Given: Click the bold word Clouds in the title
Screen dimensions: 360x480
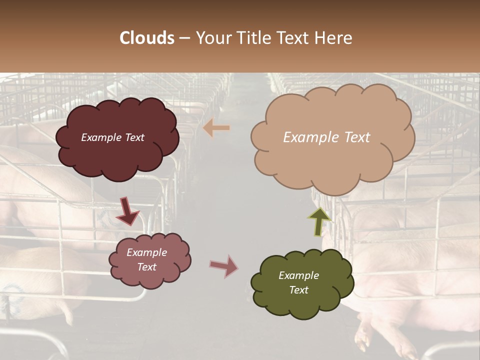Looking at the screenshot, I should [x=147, y=38].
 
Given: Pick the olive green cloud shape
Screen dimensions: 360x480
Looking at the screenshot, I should [x=302, y=300].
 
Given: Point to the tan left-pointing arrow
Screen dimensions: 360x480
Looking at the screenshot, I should [x=216, y=128].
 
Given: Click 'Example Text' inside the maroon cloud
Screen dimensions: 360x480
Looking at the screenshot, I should [x=112, y=137].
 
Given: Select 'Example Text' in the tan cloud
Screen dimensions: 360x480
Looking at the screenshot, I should [x=326, y=137].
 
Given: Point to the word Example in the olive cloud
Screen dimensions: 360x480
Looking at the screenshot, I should [x=298, y=275].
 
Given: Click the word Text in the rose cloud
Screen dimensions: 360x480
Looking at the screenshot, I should [x=147, y=267].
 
